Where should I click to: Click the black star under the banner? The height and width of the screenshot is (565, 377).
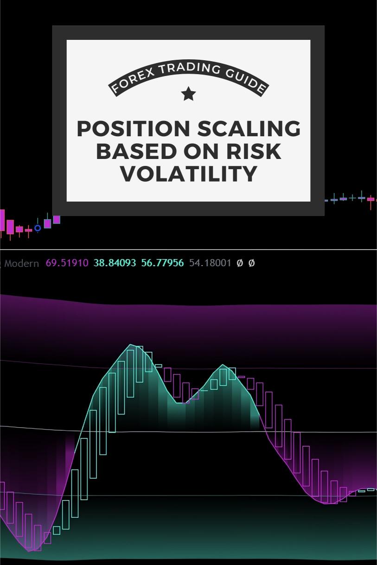coord(188,94)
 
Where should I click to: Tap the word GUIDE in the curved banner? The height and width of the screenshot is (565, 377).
coord(247,80)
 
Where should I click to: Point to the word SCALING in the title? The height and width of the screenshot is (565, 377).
coord(249,129)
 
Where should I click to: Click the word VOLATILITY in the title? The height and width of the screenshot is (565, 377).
coord(188,174)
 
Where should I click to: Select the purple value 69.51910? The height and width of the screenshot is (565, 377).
coord(67,263)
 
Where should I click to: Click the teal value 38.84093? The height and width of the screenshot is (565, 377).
coord(115,263)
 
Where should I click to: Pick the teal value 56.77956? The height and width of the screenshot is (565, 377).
coord(162,263)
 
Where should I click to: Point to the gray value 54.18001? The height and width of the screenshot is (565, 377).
coord(210,263)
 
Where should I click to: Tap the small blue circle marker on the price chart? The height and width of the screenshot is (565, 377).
coord(38,228)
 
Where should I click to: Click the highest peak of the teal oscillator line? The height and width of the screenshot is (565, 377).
coord(131,344)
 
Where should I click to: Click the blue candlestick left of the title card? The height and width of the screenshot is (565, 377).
coord(47,223)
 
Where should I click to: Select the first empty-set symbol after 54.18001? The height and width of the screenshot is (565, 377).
coord(240,263)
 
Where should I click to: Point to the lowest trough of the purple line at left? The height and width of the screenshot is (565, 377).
coord(29,551)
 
